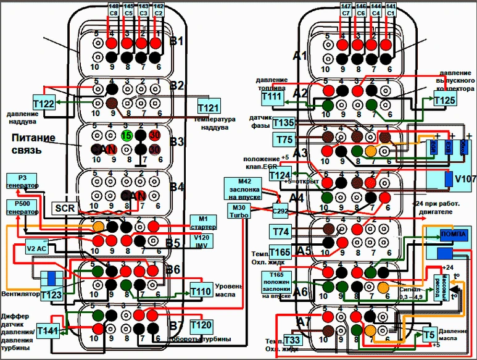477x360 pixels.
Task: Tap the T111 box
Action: coord(271,99)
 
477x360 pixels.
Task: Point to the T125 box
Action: coord(445,99)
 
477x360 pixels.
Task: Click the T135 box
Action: coord(284,122)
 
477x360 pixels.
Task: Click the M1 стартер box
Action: coord(202,221)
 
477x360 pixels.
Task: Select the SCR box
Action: coord(65,209)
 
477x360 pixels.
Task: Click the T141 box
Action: coord(48,332)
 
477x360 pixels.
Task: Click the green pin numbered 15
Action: coord(127,135)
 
